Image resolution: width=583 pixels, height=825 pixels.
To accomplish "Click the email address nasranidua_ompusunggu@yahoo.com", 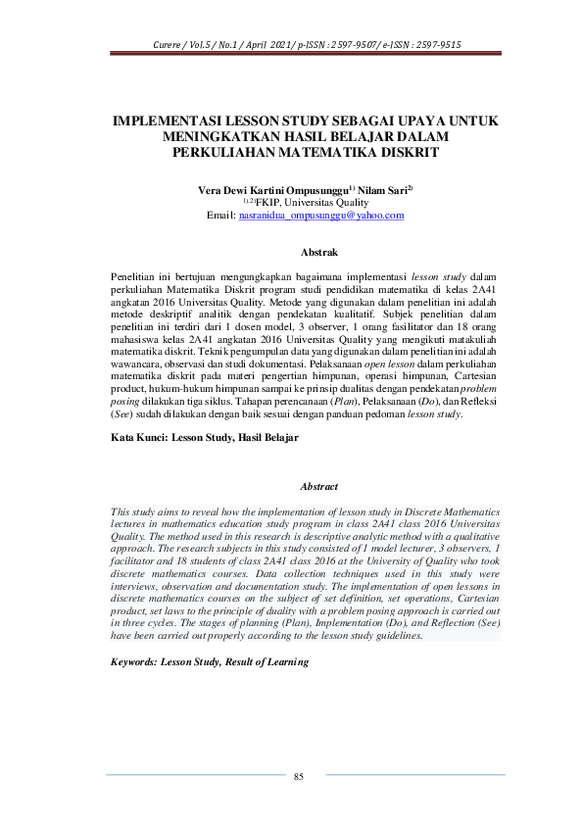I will point(321,216).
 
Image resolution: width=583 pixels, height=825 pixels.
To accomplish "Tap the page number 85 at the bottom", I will point(299,777).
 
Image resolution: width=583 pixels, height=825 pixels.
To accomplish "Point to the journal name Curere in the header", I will point(170,45).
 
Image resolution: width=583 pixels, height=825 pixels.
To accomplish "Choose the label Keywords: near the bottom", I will point(143,662).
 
